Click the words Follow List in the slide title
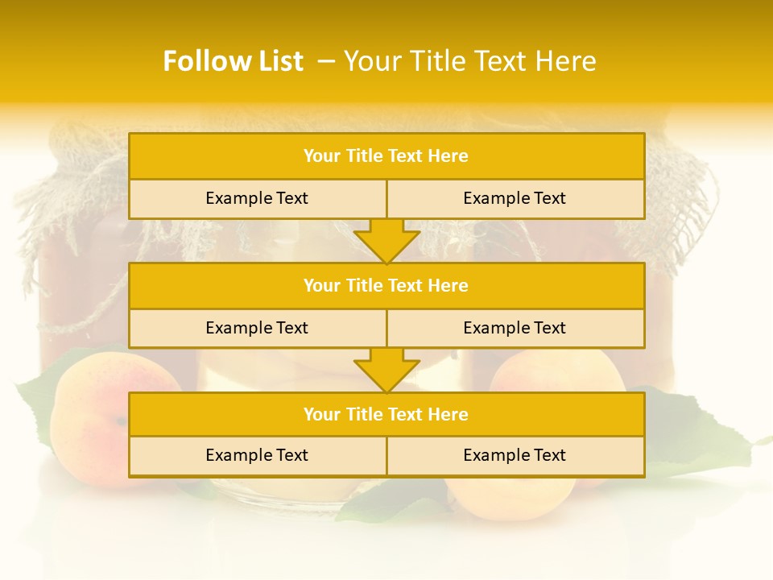click(x=233, y=61)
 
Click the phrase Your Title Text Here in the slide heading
click(x=469, y=61)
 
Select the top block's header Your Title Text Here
click(x=386, y=156)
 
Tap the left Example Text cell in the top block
click(x=257, y=198)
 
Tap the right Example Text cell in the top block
click(x=515, y=198)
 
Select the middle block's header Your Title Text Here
click(x=386, y=285)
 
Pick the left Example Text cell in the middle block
click(x=257, y=328)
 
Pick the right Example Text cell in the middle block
click(x=515, y=328)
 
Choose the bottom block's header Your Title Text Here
click(x=386, y=414)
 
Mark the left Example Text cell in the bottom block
click(x=257, y=455)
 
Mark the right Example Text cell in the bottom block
click(x=515, y=455)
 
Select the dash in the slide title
click(x=326, y=61)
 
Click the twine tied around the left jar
click(x=72, y=322)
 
